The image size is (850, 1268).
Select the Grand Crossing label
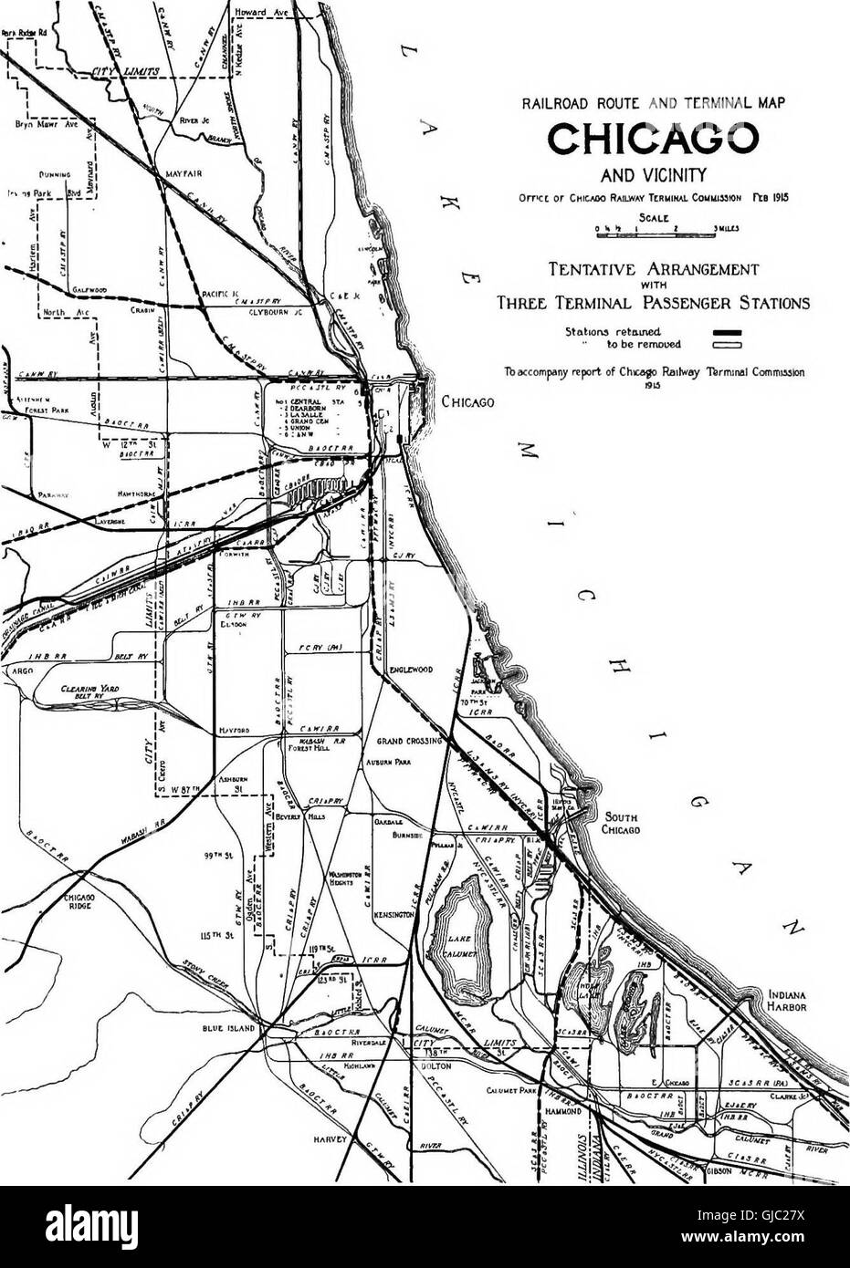[410, 741]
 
